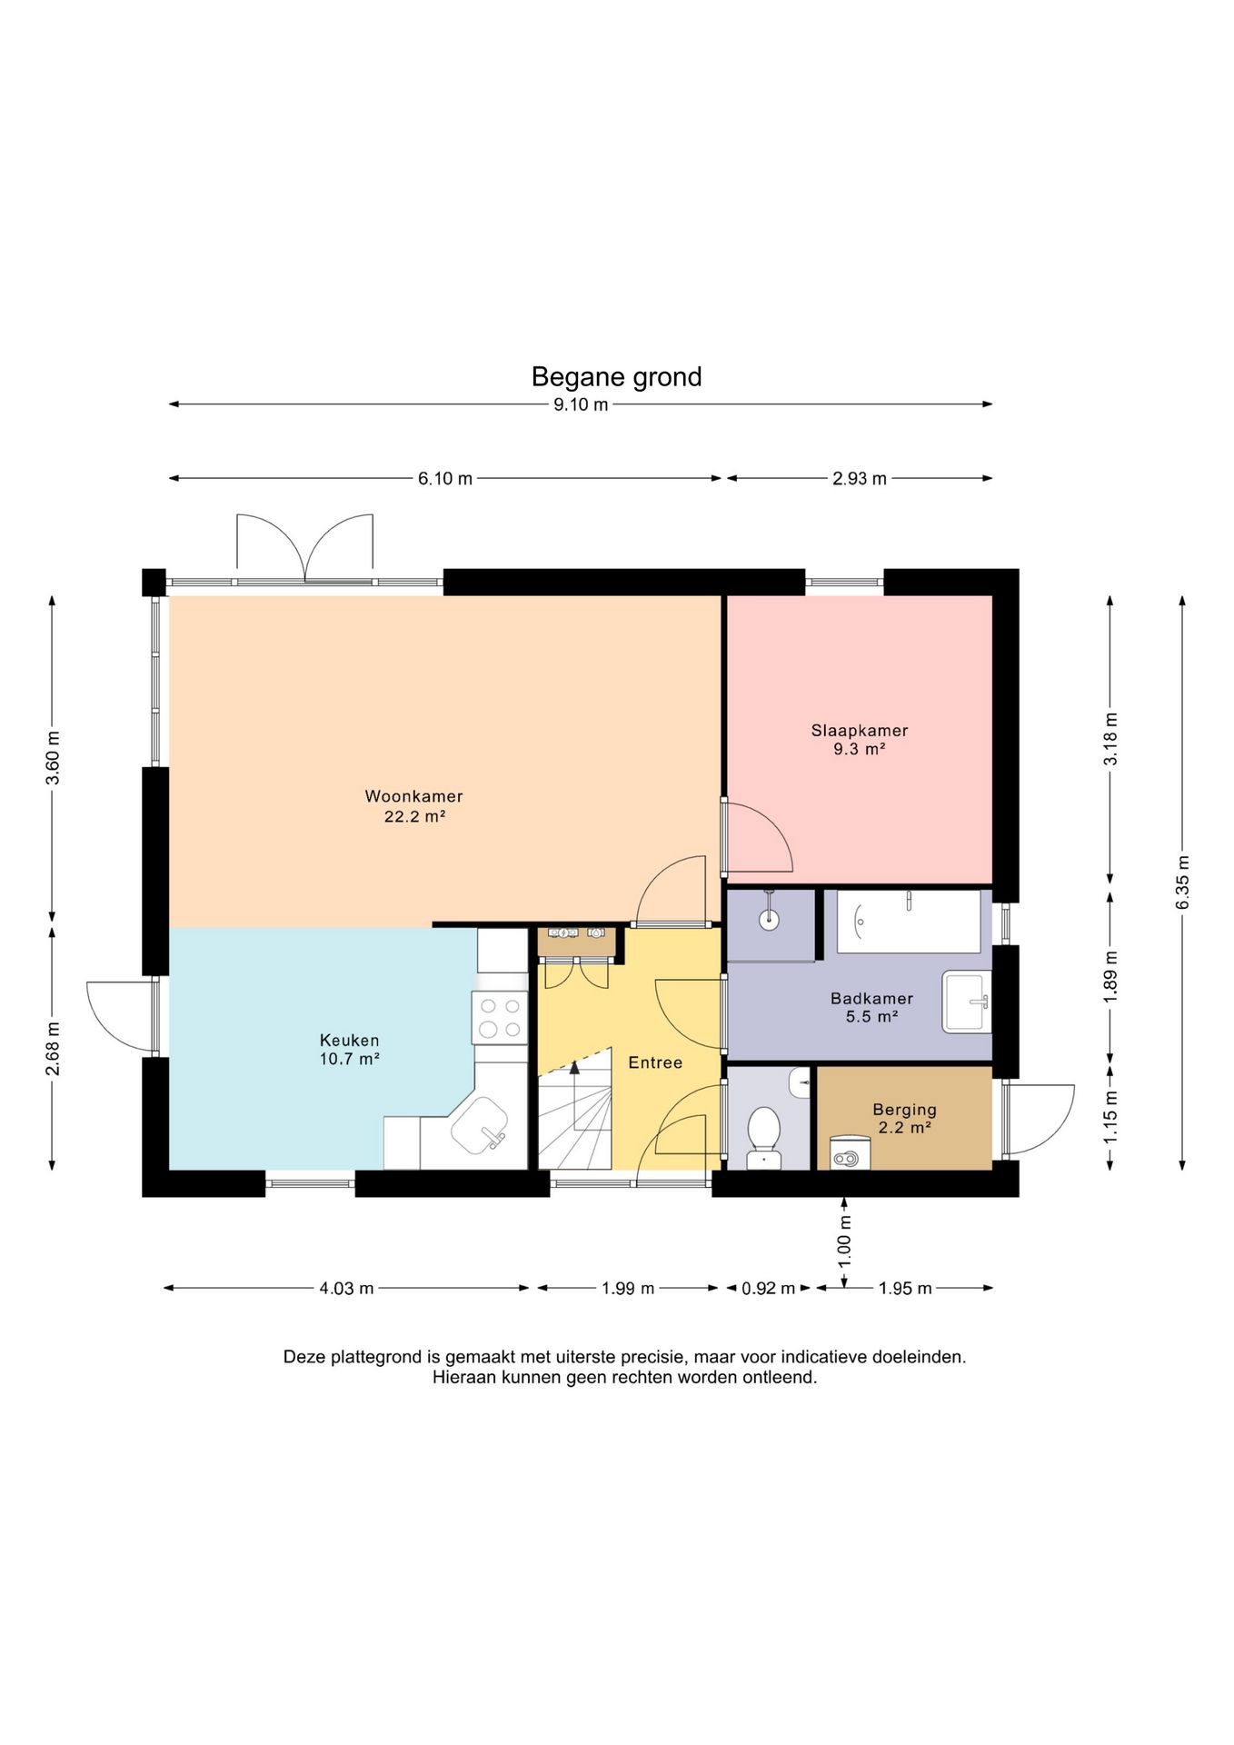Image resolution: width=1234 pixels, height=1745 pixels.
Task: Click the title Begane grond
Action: [616, 377]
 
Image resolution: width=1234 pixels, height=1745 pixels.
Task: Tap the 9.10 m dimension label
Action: [581, 405]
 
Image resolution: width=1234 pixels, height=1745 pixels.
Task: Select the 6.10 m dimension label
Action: [445, 479]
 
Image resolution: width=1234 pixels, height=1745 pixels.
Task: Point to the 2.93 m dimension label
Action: [860, 479]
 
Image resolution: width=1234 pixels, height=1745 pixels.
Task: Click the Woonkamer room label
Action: [414, 796]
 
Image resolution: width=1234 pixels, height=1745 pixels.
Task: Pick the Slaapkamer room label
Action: [860, 731]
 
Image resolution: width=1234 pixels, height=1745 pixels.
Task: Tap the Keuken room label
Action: [350, 1040]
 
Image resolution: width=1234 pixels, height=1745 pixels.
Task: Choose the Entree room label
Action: [655, 1062]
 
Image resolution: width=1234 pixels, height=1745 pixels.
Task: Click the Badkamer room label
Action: [872, 999]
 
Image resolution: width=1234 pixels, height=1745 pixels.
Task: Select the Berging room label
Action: [905, 1110]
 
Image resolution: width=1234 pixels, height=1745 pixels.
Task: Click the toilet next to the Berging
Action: [764, 1137]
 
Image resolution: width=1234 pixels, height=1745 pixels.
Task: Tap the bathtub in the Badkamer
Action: [908, 922]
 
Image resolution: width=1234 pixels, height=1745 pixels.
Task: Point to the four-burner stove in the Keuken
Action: [500, 1018]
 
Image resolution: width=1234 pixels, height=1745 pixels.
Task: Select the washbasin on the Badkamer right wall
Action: [966, 1002]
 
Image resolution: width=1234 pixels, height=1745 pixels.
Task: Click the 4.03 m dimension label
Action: [346, 1289]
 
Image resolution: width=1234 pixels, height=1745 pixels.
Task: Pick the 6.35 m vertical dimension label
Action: [1182, 882]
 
